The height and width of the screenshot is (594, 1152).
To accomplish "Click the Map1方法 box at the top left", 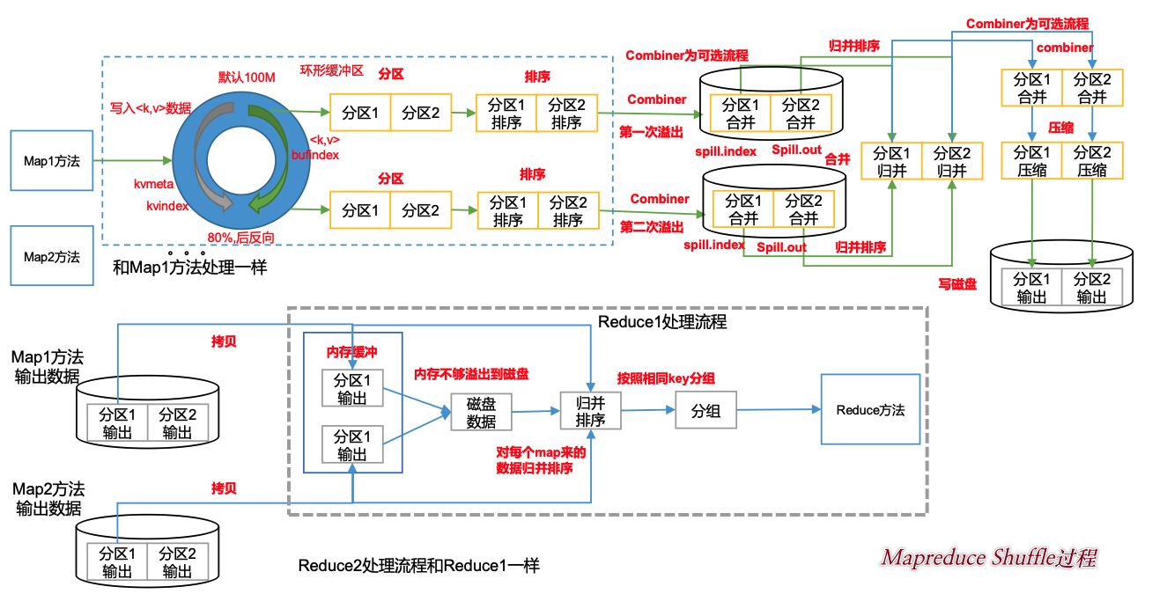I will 51,161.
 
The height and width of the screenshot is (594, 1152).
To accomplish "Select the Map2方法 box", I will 51,256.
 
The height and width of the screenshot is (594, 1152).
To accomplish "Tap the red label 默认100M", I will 247,77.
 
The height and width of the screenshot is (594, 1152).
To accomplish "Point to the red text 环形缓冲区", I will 331,70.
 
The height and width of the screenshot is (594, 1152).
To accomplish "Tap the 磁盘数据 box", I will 481,411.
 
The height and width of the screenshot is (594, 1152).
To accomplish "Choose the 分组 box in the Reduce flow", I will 705,410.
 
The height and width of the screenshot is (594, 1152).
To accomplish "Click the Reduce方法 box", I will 870,409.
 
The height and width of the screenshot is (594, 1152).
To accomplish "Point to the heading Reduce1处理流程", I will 662,322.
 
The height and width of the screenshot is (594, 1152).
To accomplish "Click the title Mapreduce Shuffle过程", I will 989,557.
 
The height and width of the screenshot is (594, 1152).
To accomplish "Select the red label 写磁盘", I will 957,284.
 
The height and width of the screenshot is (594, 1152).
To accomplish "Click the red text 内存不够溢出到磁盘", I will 472,375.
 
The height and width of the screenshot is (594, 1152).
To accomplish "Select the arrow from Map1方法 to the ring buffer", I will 132,161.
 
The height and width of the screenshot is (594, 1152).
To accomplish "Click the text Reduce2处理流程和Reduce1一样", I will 418,565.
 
